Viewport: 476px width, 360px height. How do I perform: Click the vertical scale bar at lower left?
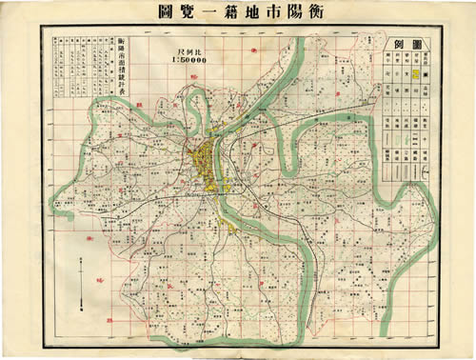(x=83, y=281)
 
